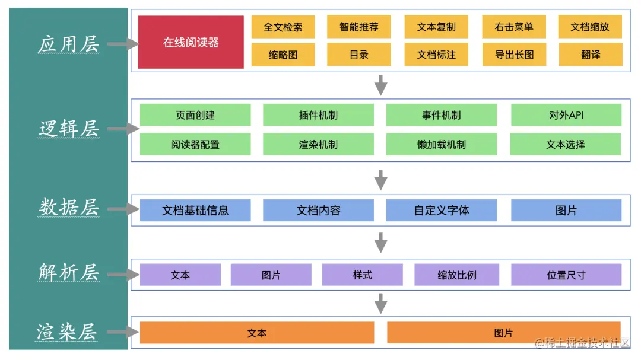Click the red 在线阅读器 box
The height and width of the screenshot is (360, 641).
191,42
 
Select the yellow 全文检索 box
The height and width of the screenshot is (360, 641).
283,27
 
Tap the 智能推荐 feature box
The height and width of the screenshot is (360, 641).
358,27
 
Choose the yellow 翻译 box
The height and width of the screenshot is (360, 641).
590,55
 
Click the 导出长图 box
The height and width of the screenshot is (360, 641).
514,55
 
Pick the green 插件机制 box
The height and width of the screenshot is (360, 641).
318,115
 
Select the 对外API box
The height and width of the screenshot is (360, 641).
566,115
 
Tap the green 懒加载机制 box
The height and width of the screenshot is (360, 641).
441,144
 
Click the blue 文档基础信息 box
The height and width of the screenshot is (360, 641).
195,210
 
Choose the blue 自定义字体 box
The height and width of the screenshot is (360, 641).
441,210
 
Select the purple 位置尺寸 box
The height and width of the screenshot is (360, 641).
566,275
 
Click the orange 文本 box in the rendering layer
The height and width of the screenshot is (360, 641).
256,333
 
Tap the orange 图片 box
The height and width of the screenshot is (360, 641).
503,333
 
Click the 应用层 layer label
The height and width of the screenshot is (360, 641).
68,44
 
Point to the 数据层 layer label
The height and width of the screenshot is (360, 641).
68,208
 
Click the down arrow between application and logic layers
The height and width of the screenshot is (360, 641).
381,84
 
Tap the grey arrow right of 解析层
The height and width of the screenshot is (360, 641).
123,275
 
